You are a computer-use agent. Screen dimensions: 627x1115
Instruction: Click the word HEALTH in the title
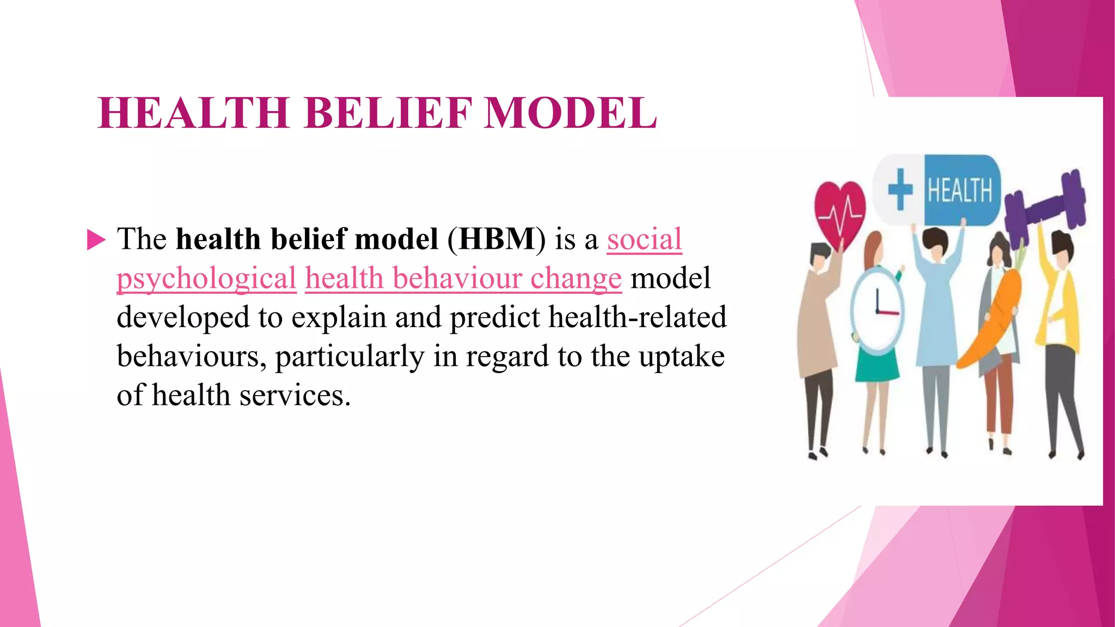click(193, 113)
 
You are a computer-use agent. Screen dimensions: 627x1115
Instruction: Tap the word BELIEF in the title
click(388, 113)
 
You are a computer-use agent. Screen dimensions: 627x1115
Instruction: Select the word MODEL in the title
click(570, 113)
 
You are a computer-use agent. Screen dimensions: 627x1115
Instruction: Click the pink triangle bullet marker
click(96, 239)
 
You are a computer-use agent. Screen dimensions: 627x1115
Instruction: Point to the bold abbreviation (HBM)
click(496, 239)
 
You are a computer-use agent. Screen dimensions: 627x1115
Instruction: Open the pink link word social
click(644, 239)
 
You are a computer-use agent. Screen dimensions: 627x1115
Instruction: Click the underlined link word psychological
click(206, 278)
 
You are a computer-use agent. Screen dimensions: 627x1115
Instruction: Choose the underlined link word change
click(575, 278)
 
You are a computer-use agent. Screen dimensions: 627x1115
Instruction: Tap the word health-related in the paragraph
click(638, 317)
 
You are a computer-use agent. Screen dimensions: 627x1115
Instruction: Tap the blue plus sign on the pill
click(900, 189)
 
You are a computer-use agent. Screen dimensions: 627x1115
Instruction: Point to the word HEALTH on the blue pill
click(960, 190)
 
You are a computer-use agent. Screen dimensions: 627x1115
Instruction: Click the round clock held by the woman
click(877, 310)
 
